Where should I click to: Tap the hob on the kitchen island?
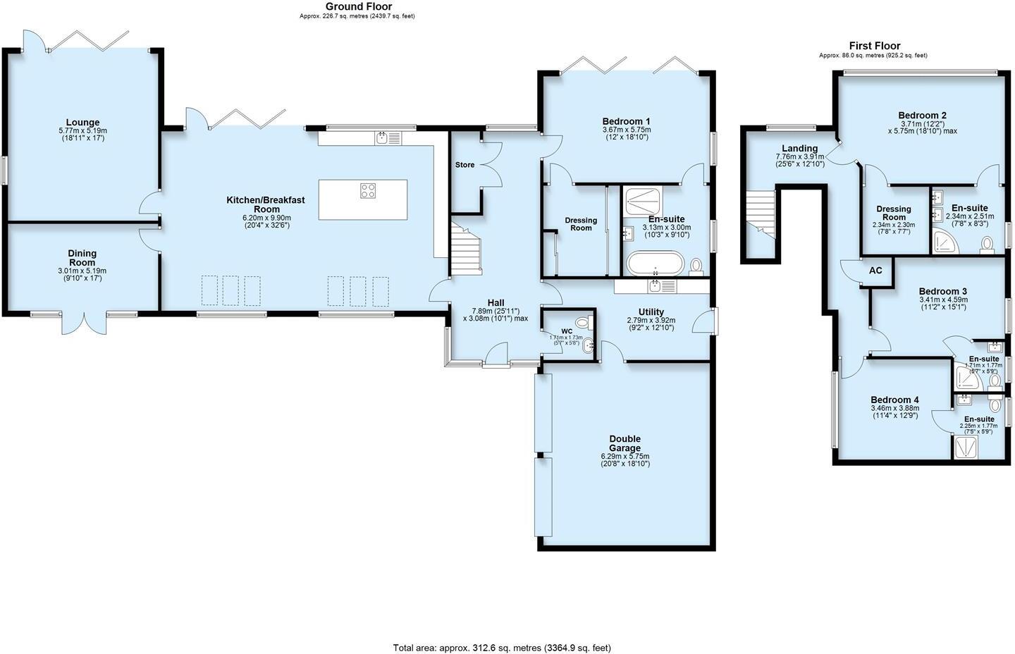pyautogui.click(x=368, y=190)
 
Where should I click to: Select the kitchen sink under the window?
pyautogui.click(x=387, y=138)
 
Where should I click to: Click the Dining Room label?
pyautogui.click(x=82, y=258)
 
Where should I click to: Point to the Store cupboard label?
pyautogui.click(x=465, y=165)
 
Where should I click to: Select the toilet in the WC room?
pyautogui.click(x=582, y=323)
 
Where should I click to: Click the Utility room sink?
pyautogui.click(x=656, y=286)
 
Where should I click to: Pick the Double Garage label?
pyautogui.click(x=625, y=443)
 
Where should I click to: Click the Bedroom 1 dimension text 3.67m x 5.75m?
pyautogui.click(x=627, y=130)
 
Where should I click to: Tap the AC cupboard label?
pyautogui.click(x=875, y=271)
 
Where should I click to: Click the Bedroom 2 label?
pyautogui.click(x=922, y=116)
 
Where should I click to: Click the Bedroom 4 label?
pyautogui.click(x=894, y=400)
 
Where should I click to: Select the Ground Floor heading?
pyautogui.click(x=358, y=6)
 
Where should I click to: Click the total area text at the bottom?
pyautogui.click(x=501, y=648)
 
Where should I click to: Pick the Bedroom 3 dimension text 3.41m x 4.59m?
pyautogui.click(x=943, y=300)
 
